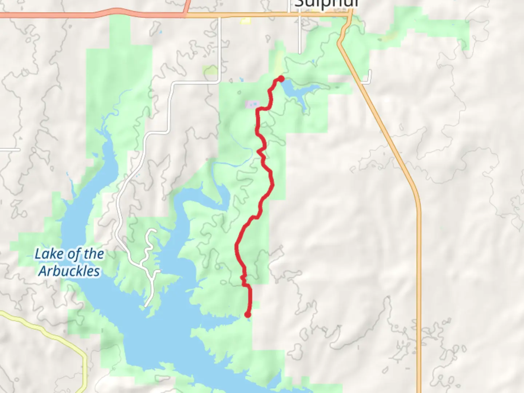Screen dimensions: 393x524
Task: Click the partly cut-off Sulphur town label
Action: [326, 4]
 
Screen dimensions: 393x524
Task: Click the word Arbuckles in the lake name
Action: [69, 271]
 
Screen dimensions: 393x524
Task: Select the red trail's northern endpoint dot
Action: [281, 79]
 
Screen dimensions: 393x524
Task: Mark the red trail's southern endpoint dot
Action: [248, 314]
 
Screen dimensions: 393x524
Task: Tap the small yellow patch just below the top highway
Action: [246, 21]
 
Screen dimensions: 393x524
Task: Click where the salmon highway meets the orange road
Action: [186, 15]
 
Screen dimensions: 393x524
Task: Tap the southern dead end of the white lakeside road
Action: [146, 306]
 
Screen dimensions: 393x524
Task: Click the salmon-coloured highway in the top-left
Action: [91, 15]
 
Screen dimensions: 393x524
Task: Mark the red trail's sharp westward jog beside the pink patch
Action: [259, 109]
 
